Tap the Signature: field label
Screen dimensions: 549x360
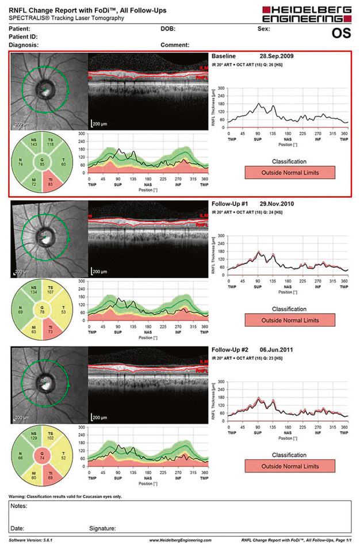click(x=102, y=528)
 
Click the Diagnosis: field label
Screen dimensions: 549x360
click(x=25, y=44)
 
